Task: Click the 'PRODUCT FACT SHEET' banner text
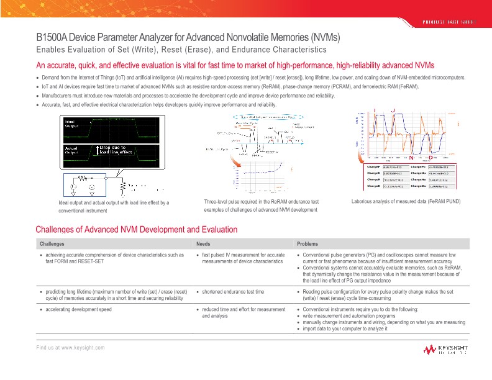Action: coord(449,22)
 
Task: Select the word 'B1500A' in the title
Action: coord(54,37)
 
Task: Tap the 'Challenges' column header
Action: coord(52,243)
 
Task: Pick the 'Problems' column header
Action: coord(308,243)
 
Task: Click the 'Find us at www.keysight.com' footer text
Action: coord(70,347)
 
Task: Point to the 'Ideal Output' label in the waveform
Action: coord(73,120)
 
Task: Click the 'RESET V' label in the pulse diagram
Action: coord(273,151)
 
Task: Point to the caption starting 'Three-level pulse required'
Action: coord(261,202)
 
